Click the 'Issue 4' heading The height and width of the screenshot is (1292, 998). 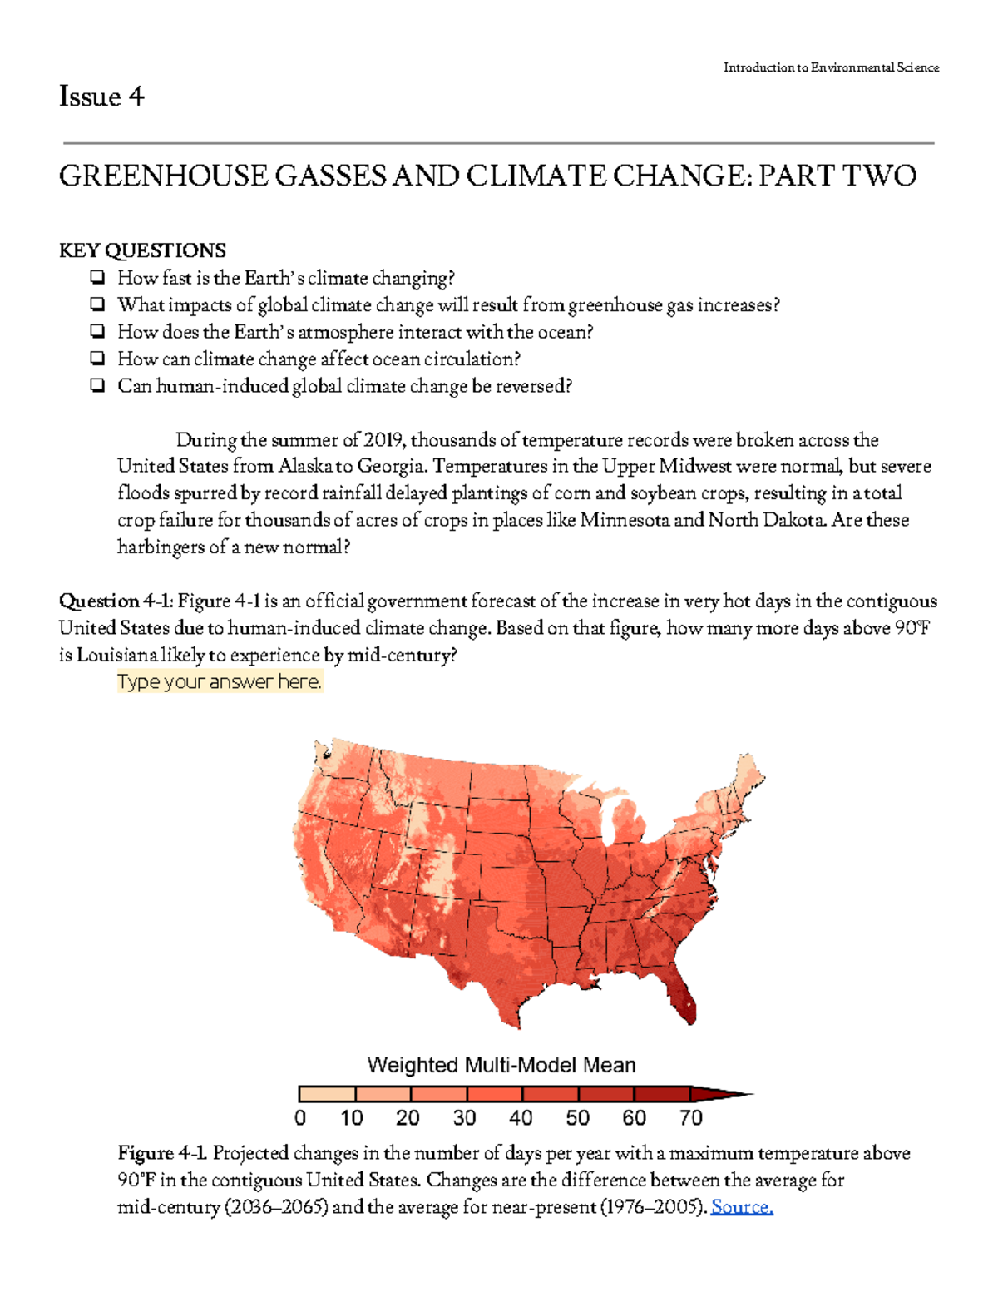[101, 97]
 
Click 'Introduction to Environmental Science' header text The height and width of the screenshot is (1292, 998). [831, 67]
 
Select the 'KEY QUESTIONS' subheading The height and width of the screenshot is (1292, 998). [142, 250]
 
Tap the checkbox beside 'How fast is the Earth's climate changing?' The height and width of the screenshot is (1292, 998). [98, 277]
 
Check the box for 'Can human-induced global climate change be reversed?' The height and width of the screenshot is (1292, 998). [98, 385]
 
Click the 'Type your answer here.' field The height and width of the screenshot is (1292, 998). [219, 682]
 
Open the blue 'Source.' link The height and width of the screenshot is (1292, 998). [742, 1207]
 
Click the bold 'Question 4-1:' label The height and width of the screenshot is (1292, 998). [116, 601]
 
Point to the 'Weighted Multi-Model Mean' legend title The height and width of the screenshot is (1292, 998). [501, 1065]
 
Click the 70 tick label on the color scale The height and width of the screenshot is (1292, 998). [690, 1117]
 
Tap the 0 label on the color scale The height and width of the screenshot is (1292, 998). [300, 1117]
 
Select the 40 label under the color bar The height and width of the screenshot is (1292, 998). [521, 1117]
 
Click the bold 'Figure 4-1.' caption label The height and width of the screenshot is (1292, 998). [162, 1153]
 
